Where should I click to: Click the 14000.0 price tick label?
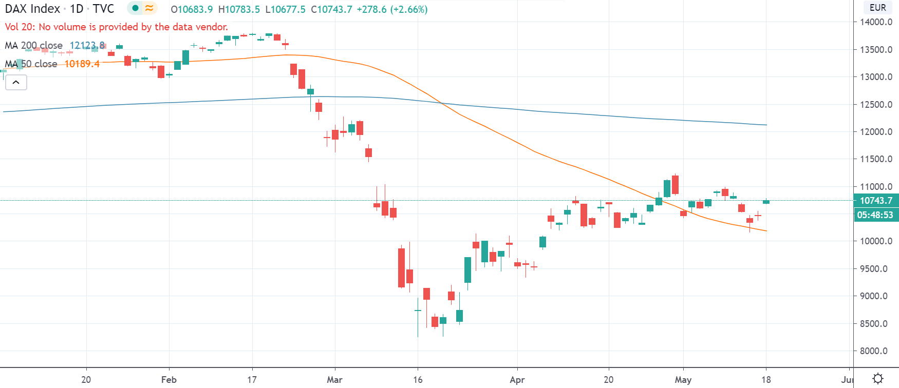pos(876,22)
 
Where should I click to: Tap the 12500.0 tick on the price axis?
pos(876,105)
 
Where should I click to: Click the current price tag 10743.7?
pos(876,201)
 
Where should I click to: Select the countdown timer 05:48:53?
pos(875,215)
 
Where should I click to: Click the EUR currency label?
pos(877,8)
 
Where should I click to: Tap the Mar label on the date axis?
pos(334,380)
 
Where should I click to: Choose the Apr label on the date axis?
pos(517,380)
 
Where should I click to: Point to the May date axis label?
pos(683,380)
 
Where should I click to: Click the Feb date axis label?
pos(168,380)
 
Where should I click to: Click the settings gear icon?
pos(877,379)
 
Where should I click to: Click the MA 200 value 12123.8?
pos(87,46)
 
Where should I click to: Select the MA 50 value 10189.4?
pos(82,64)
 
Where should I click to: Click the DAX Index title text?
pos(32,9)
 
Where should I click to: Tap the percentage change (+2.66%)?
pos(409,9)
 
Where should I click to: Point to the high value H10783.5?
pos(239,9)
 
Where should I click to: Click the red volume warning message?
pos(116,27)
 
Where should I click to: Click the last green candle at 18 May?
pos(766,202)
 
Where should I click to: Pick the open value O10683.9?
pos(192,9)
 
